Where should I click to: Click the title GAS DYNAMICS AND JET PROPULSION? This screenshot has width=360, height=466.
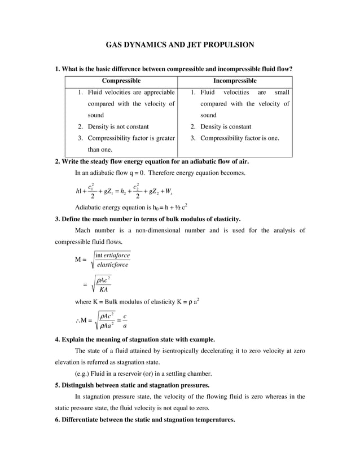coord(180,44)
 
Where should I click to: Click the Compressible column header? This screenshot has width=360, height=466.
coord(121,81)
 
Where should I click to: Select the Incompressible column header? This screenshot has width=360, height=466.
coord(235,81)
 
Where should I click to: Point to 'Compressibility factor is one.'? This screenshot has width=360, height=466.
coord(239,138)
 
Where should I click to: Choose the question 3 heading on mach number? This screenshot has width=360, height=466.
coord(148,219)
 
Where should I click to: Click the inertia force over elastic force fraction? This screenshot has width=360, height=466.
coord(112,260)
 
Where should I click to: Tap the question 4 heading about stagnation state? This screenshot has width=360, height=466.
coord(134,340)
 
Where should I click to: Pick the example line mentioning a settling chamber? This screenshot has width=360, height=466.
coord(144,373)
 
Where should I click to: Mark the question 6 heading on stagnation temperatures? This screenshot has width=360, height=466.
coord(145,420)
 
